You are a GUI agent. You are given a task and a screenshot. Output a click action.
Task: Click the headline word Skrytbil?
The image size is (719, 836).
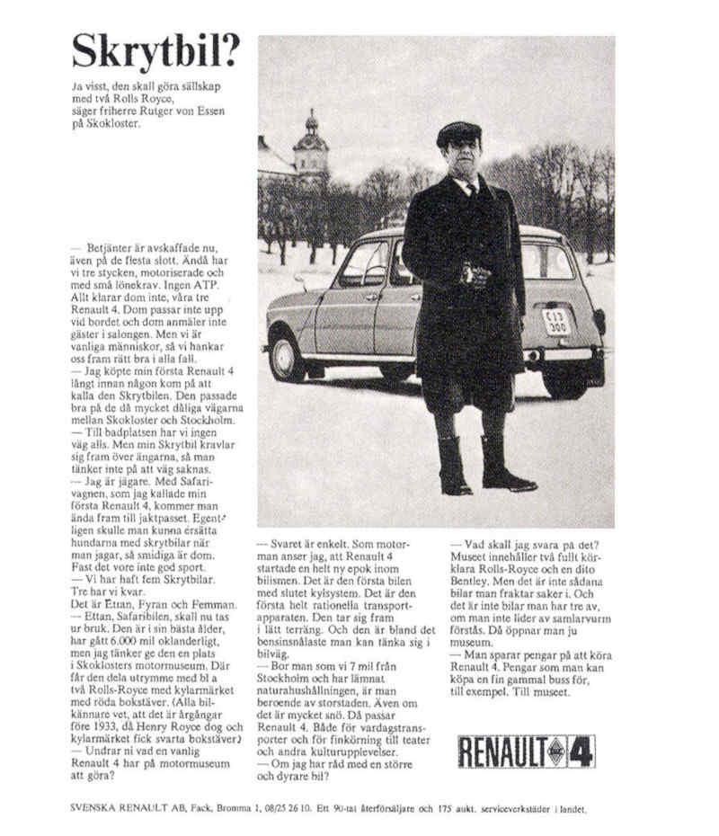(x=156, y=51)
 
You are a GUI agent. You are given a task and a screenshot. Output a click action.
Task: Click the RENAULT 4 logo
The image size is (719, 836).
(x=526, y=751)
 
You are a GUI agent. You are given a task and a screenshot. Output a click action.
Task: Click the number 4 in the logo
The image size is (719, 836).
(x=580, y=751)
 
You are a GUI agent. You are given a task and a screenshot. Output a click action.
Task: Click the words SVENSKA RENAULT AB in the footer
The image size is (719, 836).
(x=122, y=808)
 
